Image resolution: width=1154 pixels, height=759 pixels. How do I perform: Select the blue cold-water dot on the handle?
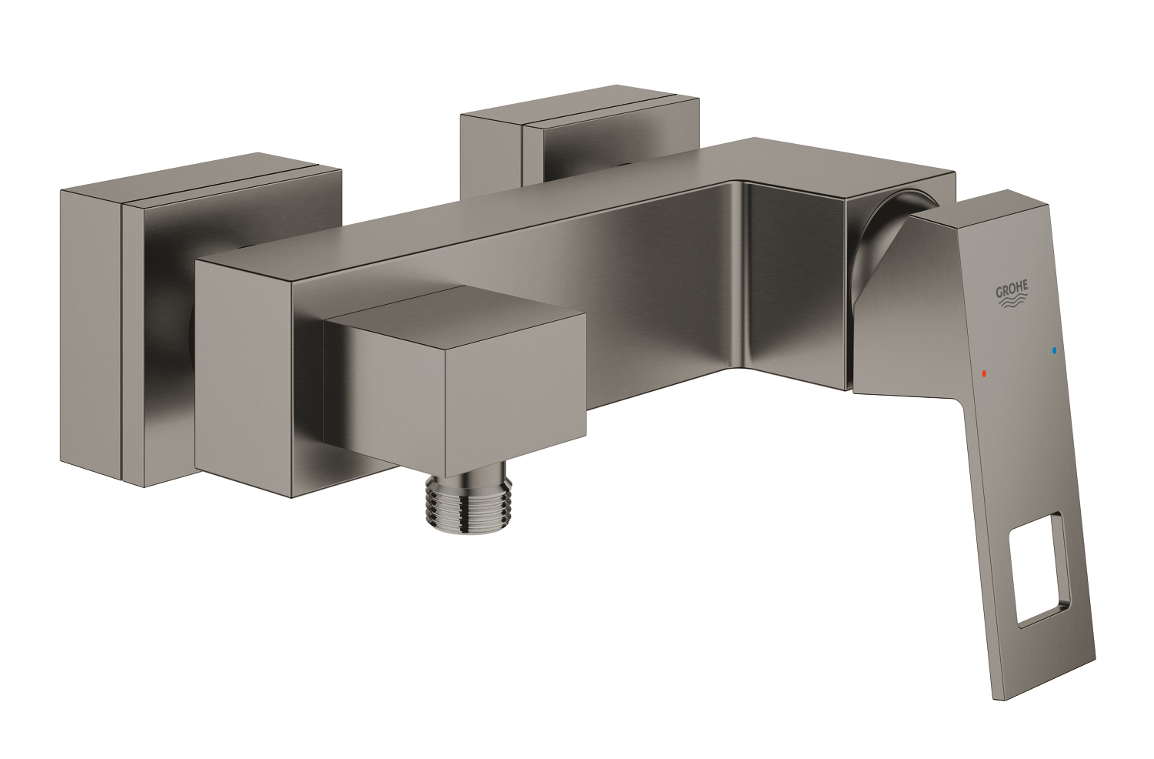click(x=1053, y=352)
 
